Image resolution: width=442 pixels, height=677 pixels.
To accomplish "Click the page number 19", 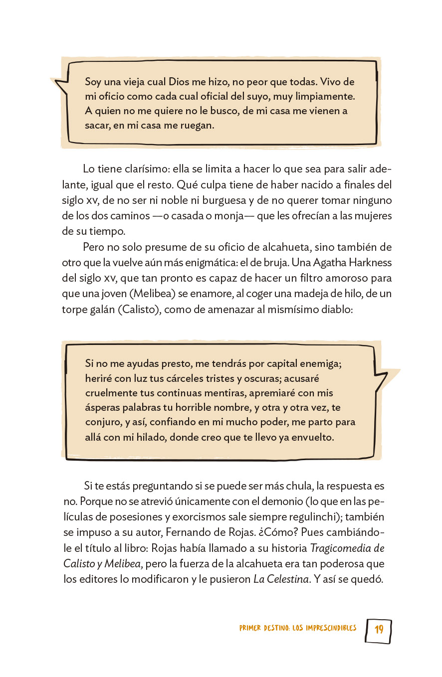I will point(379,629).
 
